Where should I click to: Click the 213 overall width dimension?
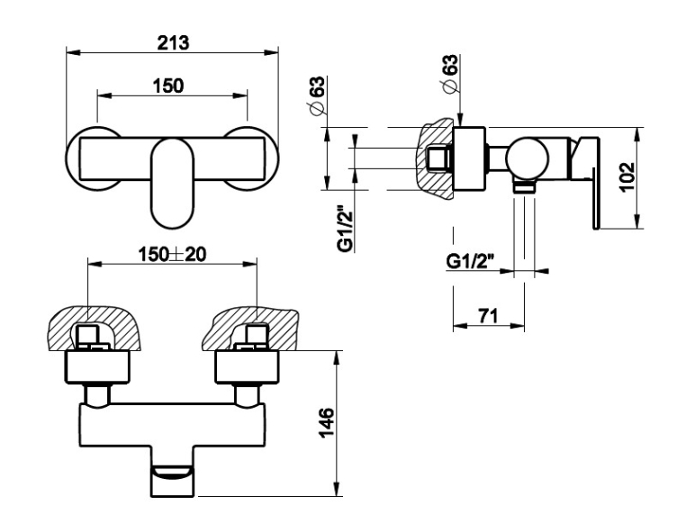(x=173, y=43)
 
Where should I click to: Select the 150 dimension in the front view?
(x=168, y=86)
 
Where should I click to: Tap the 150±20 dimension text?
(x=172, y=254)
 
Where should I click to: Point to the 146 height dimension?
(x=327, y=422)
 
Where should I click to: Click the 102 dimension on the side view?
(x=627, y=176)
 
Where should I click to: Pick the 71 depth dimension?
(x=488, y=315)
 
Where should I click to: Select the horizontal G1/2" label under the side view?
(x=470, y=262)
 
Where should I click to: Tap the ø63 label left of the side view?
(x=318, y=95)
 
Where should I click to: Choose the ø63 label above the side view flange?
(x=451, y=73)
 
